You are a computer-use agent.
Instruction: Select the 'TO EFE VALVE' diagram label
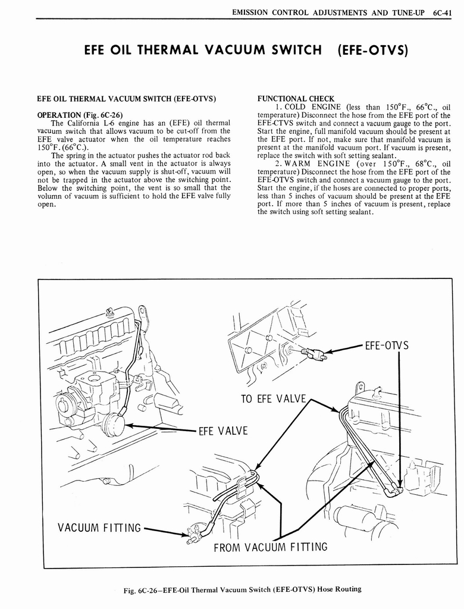click(x=273, y=398)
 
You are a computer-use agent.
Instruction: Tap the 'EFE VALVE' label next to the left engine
click(x=224, y=431)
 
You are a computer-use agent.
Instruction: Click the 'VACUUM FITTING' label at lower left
click(x=99, y=528)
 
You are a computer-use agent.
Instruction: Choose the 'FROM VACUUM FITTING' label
click(x=271, y=546)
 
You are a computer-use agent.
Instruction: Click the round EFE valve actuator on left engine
click(x=112, y=425)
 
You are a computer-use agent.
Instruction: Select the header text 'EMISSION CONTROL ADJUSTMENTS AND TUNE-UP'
click(x=328, y=12)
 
